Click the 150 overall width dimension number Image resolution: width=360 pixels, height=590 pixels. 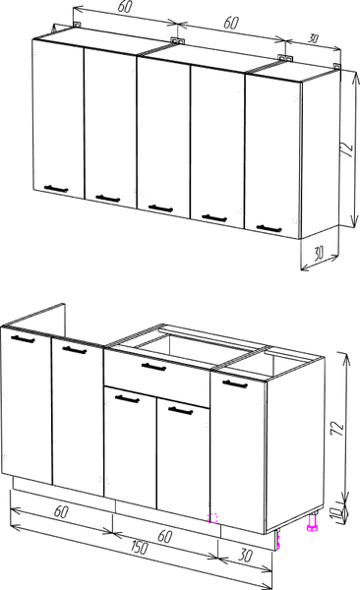(139, 548)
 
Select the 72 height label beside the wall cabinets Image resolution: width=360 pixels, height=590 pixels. (347, 149)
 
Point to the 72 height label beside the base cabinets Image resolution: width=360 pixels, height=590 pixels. (337, 428)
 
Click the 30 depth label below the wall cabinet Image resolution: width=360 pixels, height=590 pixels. (319, 254)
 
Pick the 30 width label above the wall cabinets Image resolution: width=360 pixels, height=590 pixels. (313, 38)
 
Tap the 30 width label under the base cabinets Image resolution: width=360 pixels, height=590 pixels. (245, 555)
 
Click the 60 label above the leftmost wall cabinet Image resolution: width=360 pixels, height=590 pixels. (125, 7)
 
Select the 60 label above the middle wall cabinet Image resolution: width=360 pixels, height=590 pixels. (230, 23)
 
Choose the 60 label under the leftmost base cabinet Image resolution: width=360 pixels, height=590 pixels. (61, 511)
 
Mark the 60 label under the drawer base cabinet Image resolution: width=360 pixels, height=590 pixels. (164, 536)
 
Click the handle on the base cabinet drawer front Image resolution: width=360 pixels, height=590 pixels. (153, 366)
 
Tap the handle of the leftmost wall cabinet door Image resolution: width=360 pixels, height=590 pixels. (56, 189)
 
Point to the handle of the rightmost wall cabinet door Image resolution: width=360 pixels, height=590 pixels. (269, 228)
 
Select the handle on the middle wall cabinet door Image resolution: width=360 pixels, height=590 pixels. (160, 208)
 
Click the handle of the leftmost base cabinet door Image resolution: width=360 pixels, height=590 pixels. (23, 339)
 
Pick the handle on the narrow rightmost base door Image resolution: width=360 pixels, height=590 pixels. (235, 384)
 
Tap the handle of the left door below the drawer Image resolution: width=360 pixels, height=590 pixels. (127, 398)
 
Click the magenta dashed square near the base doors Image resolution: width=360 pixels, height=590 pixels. (213, 518)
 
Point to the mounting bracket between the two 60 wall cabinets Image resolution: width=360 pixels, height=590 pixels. (177, 40)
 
